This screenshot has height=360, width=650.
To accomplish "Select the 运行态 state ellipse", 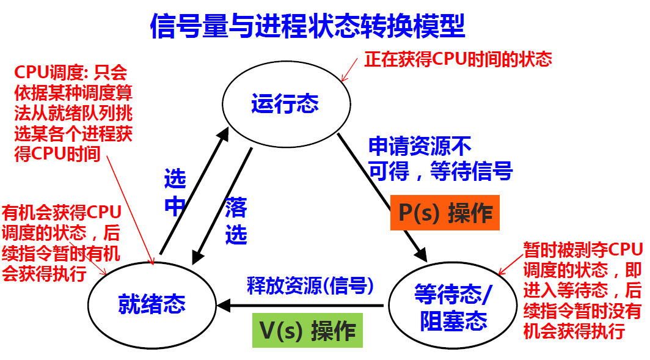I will click(285, 103).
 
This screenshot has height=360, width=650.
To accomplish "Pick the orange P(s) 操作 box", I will click(445, 213).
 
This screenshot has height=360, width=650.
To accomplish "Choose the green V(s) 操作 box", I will click(307, 331).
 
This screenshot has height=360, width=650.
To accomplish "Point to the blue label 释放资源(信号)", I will click(310, 285).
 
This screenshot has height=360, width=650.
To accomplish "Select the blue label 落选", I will click(236, 220).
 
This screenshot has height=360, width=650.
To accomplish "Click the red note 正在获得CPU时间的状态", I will click(458, 59).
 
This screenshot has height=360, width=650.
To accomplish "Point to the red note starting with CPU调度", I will click(73, 113).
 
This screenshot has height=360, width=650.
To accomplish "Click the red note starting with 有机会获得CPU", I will click(61, 242).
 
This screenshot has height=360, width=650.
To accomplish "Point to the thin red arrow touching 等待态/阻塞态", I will click(509, 266).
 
